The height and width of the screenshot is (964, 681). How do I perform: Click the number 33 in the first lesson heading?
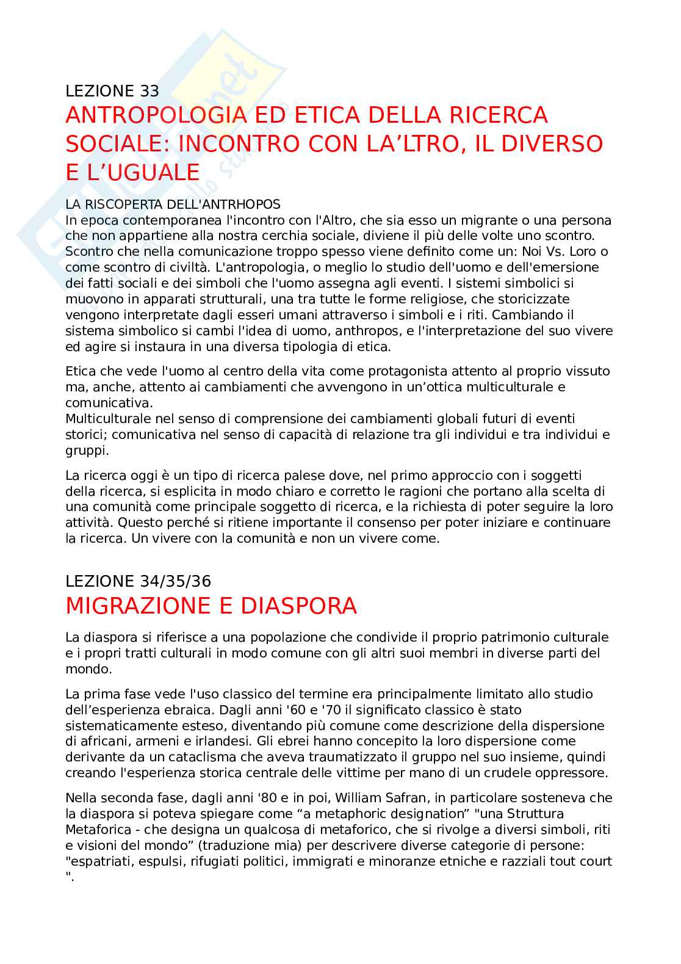click(x=149, y=91)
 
